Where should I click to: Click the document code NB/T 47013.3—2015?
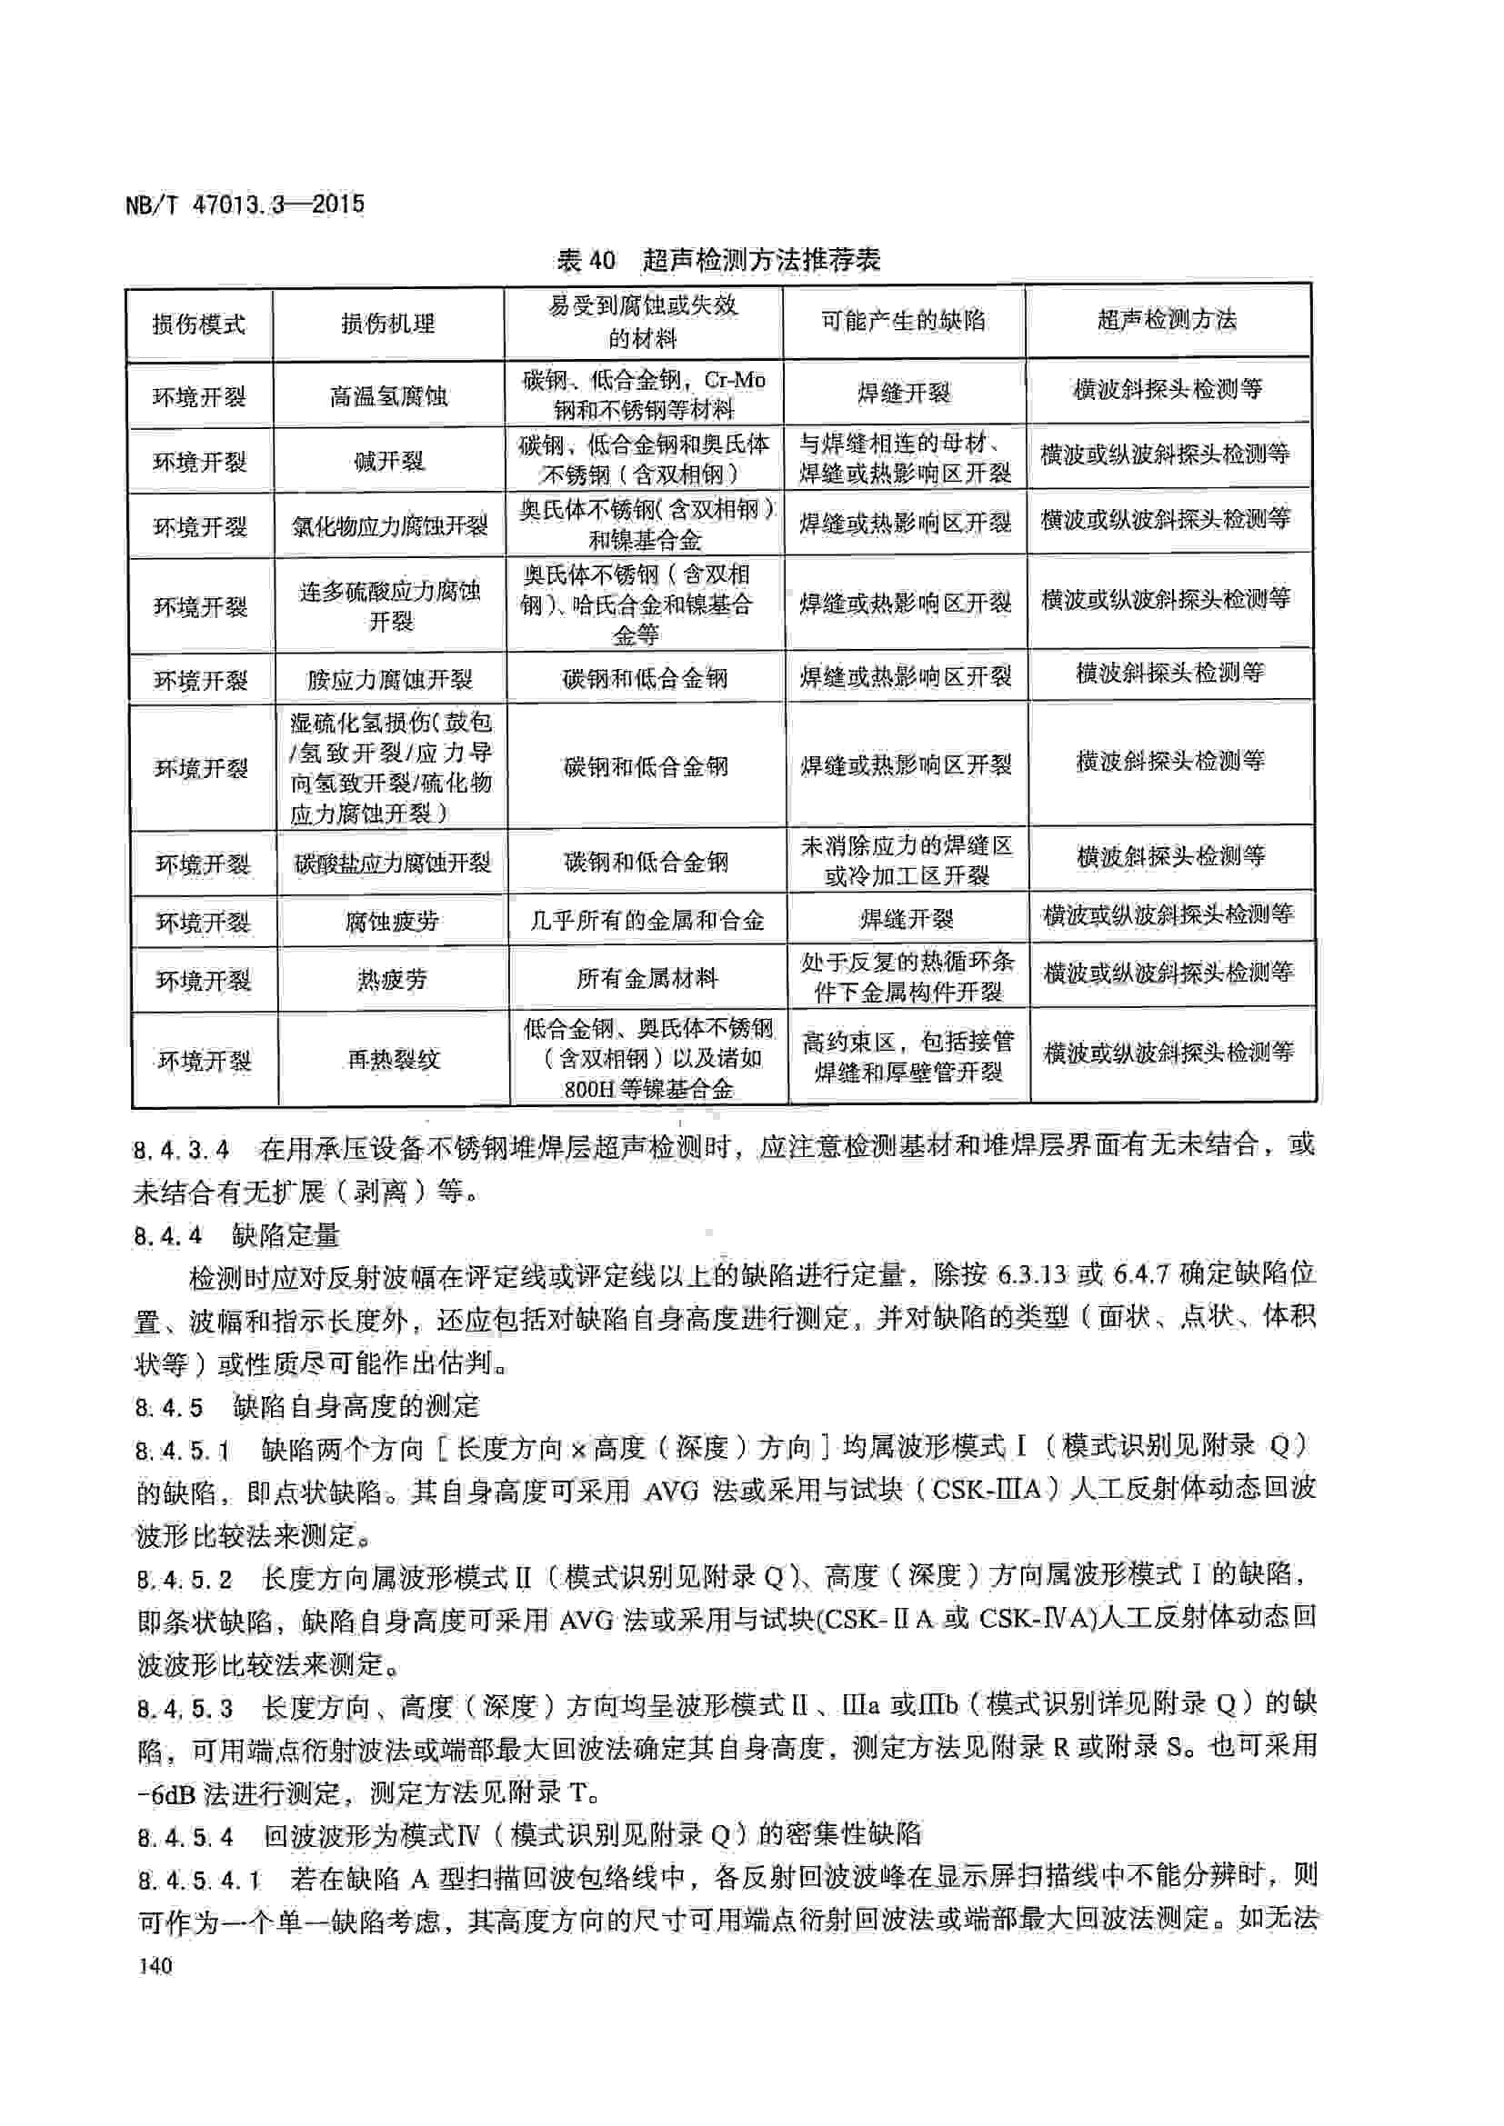coord(245,205)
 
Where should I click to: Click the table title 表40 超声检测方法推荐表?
coord(717,260)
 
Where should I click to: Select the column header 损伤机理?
coord(388,324)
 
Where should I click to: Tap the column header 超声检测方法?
coord(1167,320)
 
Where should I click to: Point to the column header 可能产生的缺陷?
coord(903,321)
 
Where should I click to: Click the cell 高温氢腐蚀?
coord(388,396)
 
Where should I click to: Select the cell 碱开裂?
coord(388,460)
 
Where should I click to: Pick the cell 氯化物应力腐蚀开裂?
coord(390,526)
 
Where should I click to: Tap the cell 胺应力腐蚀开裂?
coord(390,681)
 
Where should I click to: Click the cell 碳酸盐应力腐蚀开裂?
coord(392,863)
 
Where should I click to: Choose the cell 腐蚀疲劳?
coord(392,922)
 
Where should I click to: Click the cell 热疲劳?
coord(392,979)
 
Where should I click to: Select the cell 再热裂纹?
coord(393,1059)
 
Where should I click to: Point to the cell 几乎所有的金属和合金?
coord(647,921)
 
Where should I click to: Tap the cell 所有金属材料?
coord(647,978)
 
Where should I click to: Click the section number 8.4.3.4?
coord(182,1151)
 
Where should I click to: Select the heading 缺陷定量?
coord(286,1235)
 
